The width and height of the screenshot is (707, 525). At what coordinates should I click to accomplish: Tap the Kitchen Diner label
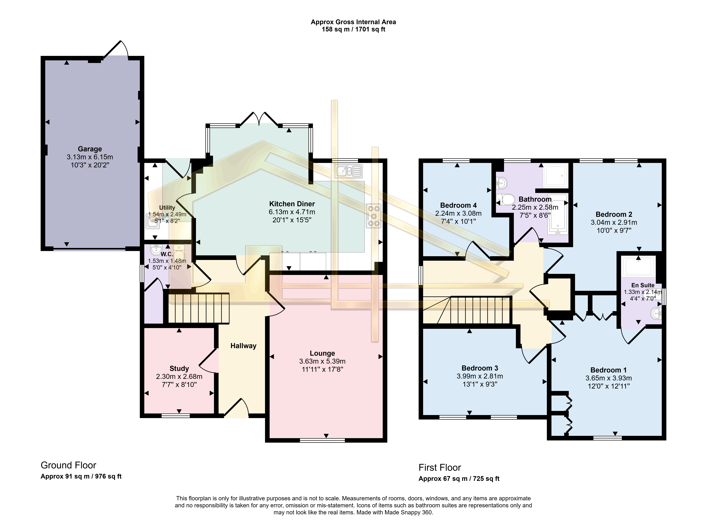pyautogui.click(x=292, y=204)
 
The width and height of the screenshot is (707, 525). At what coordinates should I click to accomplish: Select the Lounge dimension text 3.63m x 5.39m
pyautogui.click(x=322, y=361)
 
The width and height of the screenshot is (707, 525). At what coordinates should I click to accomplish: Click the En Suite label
pyautogui.click(x=643, y=285)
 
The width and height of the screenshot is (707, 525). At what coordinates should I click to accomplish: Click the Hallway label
pyautogui.click(x=243, y=346)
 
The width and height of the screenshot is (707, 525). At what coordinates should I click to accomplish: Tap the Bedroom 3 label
pyautogui.click(x=480, y=368)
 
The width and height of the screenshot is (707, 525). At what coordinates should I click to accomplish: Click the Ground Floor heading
pyautogui.click(x=68, y=465)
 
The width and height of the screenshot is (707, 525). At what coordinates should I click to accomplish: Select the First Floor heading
pyautogui.click(x=440, y=467)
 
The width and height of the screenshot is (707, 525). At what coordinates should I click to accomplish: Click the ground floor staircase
pyautogui.click(x=199, y=308)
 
